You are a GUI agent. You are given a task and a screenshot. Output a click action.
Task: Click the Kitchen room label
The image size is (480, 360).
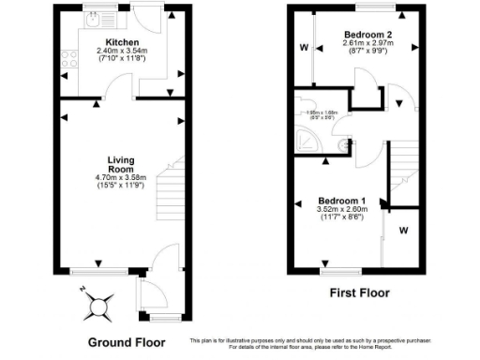[x=123, y=43]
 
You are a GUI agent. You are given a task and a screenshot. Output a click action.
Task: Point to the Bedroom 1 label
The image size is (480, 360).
[x=341, y=201]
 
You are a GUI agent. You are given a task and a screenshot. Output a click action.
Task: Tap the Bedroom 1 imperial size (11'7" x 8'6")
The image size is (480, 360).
[x=341, y=219]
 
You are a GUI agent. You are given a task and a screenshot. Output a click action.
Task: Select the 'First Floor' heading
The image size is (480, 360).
[x=360, y=292]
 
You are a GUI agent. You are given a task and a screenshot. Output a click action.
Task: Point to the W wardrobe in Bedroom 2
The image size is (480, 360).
[x=303, y=46]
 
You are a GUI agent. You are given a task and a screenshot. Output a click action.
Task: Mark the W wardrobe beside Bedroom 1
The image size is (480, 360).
[x=402, y=230]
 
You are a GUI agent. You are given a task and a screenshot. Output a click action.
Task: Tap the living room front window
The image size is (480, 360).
[x=97, y=272]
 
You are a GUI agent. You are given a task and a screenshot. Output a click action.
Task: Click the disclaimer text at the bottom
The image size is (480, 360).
[x=328, y=343]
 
